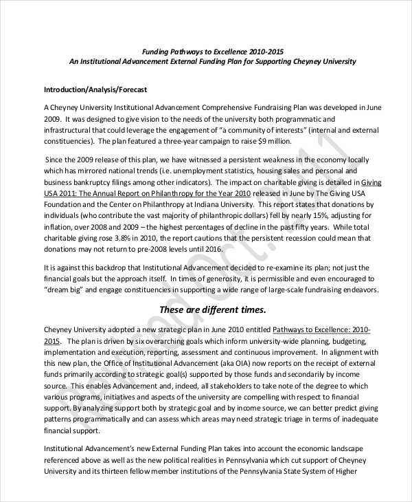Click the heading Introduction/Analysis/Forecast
(x=95, y=90)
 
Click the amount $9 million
(x=272, y=142)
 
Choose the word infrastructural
(x=69, y=130)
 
